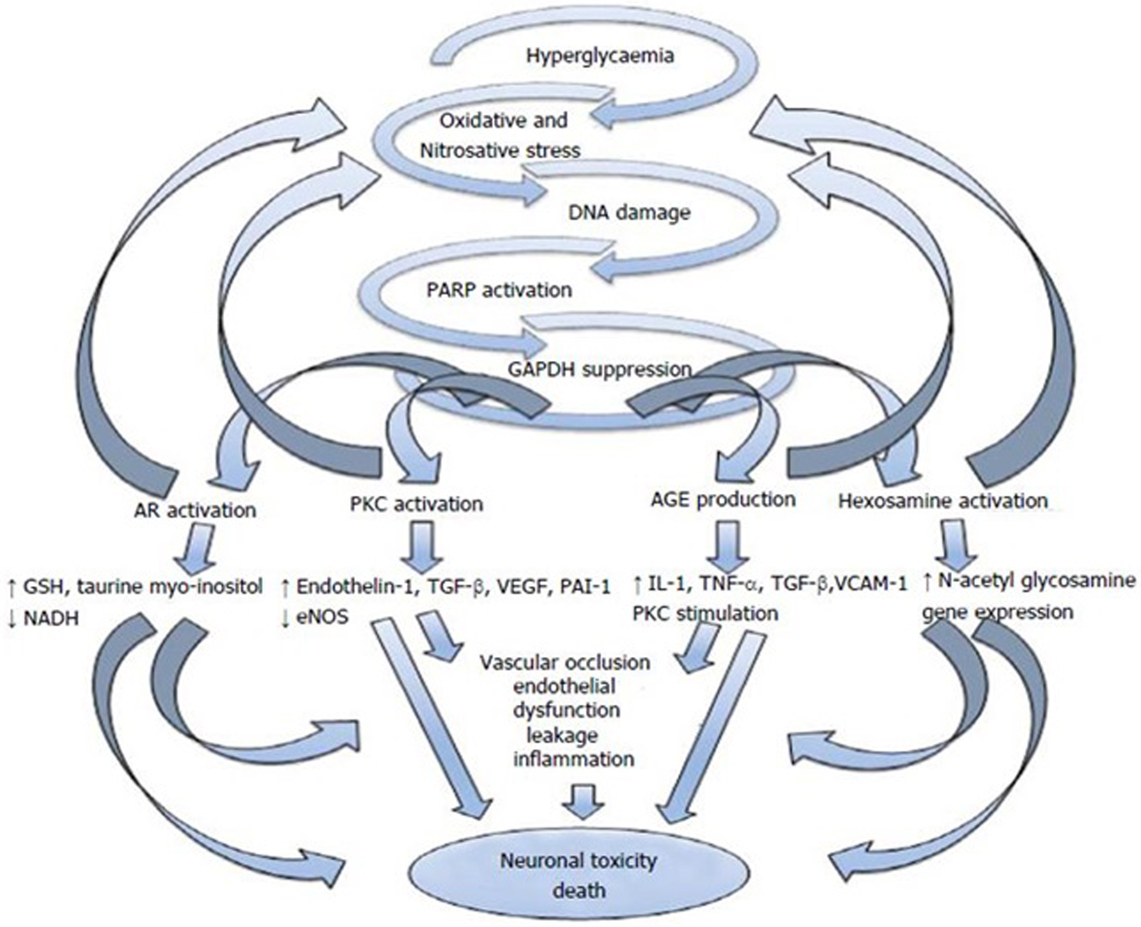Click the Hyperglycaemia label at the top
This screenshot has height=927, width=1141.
tap(600, 56)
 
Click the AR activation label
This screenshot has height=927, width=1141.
tap(195, 510)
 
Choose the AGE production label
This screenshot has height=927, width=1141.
tap(723, 499)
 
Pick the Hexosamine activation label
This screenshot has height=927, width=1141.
tap(943, 501)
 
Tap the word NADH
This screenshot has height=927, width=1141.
tap(51, 619)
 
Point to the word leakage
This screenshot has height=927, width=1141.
tap(562, 735)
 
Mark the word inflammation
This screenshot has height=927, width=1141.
tap(574, 759)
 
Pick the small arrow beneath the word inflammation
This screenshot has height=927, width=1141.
tap(583, 801)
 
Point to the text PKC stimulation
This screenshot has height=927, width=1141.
tap(705, 613)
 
